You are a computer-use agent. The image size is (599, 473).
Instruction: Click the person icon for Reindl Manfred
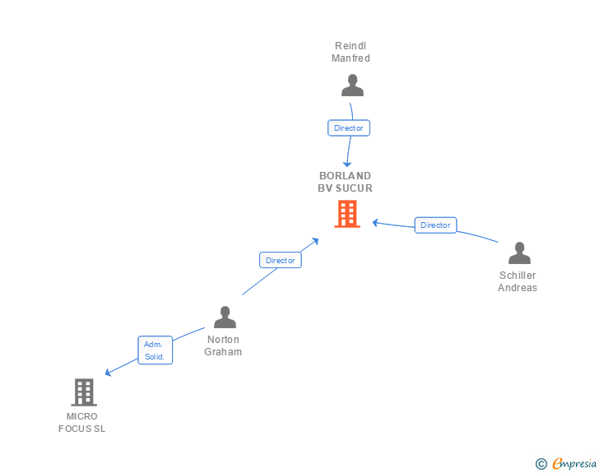352,86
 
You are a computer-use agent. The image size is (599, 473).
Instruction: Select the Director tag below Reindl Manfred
349,128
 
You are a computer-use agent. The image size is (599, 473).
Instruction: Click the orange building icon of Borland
347,215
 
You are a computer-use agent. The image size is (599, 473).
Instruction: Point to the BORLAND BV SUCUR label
346,182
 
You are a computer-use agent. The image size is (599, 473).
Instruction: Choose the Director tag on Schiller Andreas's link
435,225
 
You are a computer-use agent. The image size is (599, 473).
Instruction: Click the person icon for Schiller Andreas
519,253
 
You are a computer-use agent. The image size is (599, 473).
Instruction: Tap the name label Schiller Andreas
518,281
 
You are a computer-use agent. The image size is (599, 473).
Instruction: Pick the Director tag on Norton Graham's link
281,260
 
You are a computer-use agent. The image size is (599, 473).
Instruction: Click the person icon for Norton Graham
225,317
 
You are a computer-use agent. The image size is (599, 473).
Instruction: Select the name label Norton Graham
224,345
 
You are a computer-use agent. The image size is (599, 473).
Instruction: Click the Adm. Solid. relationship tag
155,350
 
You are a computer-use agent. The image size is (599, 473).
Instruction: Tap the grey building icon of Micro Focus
84,392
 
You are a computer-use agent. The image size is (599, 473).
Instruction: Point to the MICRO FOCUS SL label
82,423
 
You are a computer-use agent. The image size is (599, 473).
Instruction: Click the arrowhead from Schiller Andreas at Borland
375,222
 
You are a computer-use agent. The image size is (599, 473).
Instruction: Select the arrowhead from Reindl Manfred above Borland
347,164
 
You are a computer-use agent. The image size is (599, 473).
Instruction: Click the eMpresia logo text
574,464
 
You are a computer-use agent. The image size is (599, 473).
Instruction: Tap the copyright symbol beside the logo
541,465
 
